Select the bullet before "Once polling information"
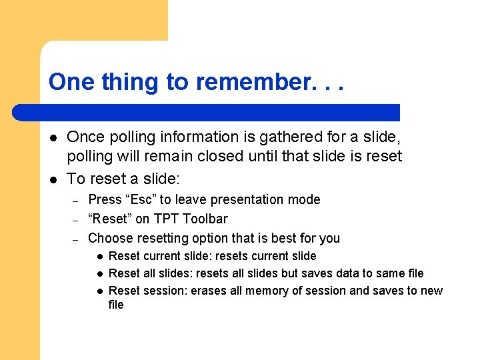(53, 137)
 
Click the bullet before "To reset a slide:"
(53, 179)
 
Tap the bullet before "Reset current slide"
(98, 256)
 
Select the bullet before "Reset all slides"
(98, 273)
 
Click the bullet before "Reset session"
(98, 291)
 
